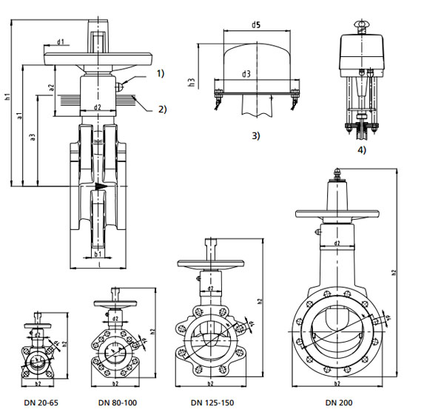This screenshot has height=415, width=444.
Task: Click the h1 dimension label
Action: pyautogui.click(x=7, y=95)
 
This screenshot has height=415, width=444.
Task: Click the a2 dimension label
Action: pyautogui.click(x=51, y=87)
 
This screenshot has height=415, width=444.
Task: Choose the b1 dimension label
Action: pyautogui.click(x=98, y=254)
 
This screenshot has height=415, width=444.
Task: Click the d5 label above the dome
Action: pyautogui.click(x=255, y=25)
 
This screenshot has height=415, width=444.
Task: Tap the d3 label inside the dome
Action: pyautogui.click(x=246, y=74)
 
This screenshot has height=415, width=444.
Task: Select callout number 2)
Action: pyautogui.click(x=161, y=109)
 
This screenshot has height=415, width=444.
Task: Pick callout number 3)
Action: pyautogui.click(x=256, y=136)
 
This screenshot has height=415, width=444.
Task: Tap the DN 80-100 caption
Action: pyautogui.click(x=118, y=402)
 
